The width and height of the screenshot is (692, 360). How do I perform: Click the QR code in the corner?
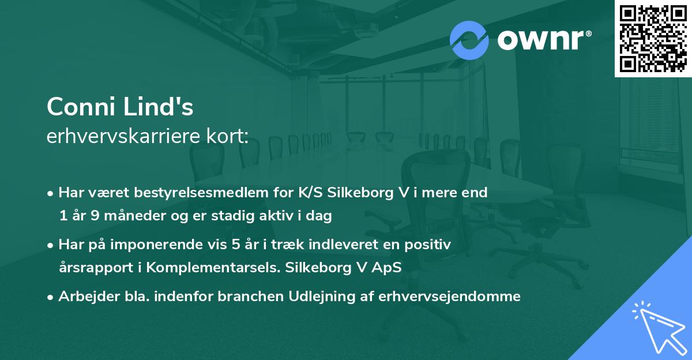(653, 39)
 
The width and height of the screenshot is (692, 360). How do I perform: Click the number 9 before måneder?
(95, 216)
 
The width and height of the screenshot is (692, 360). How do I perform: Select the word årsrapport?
(92, 268)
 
